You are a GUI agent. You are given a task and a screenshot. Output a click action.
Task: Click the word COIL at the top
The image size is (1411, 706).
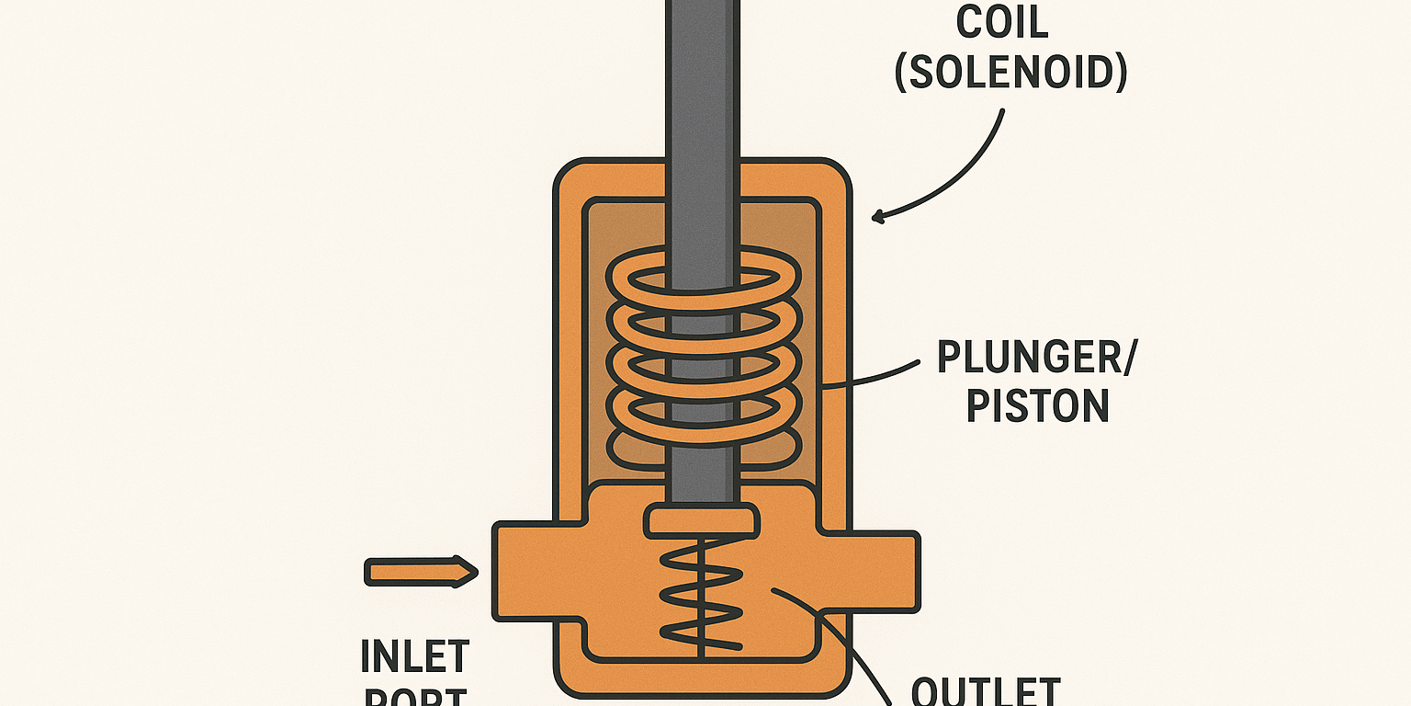pos(1002,22)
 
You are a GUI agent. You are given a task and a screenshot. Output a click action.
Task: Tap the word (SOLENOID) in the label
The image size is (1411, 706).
pos(1010,73)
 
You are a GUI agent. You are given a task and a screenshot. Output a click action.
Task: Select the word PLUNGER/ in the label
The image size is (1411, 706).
pos(1036,358)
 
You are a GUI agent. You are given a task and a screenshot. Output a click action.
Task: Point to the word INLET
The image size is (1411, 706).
pos(415,657)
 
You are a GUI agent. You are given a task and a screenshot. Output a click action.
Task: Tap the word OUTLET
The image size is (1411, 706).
pos(986,691)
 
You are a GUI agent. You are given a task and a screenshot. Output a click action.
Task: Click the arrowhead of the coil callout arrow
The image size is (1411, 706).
pos(878,217)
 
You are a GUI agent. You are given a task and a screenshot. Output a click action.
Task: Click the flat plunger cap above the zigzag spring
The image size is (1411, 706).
pos(702,520)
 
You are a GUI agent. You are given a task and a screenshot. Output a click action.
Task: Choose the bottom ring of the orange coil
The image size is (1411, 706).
pos(702,441)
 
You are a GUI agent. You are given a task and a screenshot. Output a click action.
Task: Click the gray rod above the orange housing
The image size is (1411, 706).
pos(702,83)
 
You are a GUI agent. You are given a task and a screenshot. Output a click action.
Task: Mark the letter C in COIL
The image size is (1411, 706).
pos(970,22)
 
